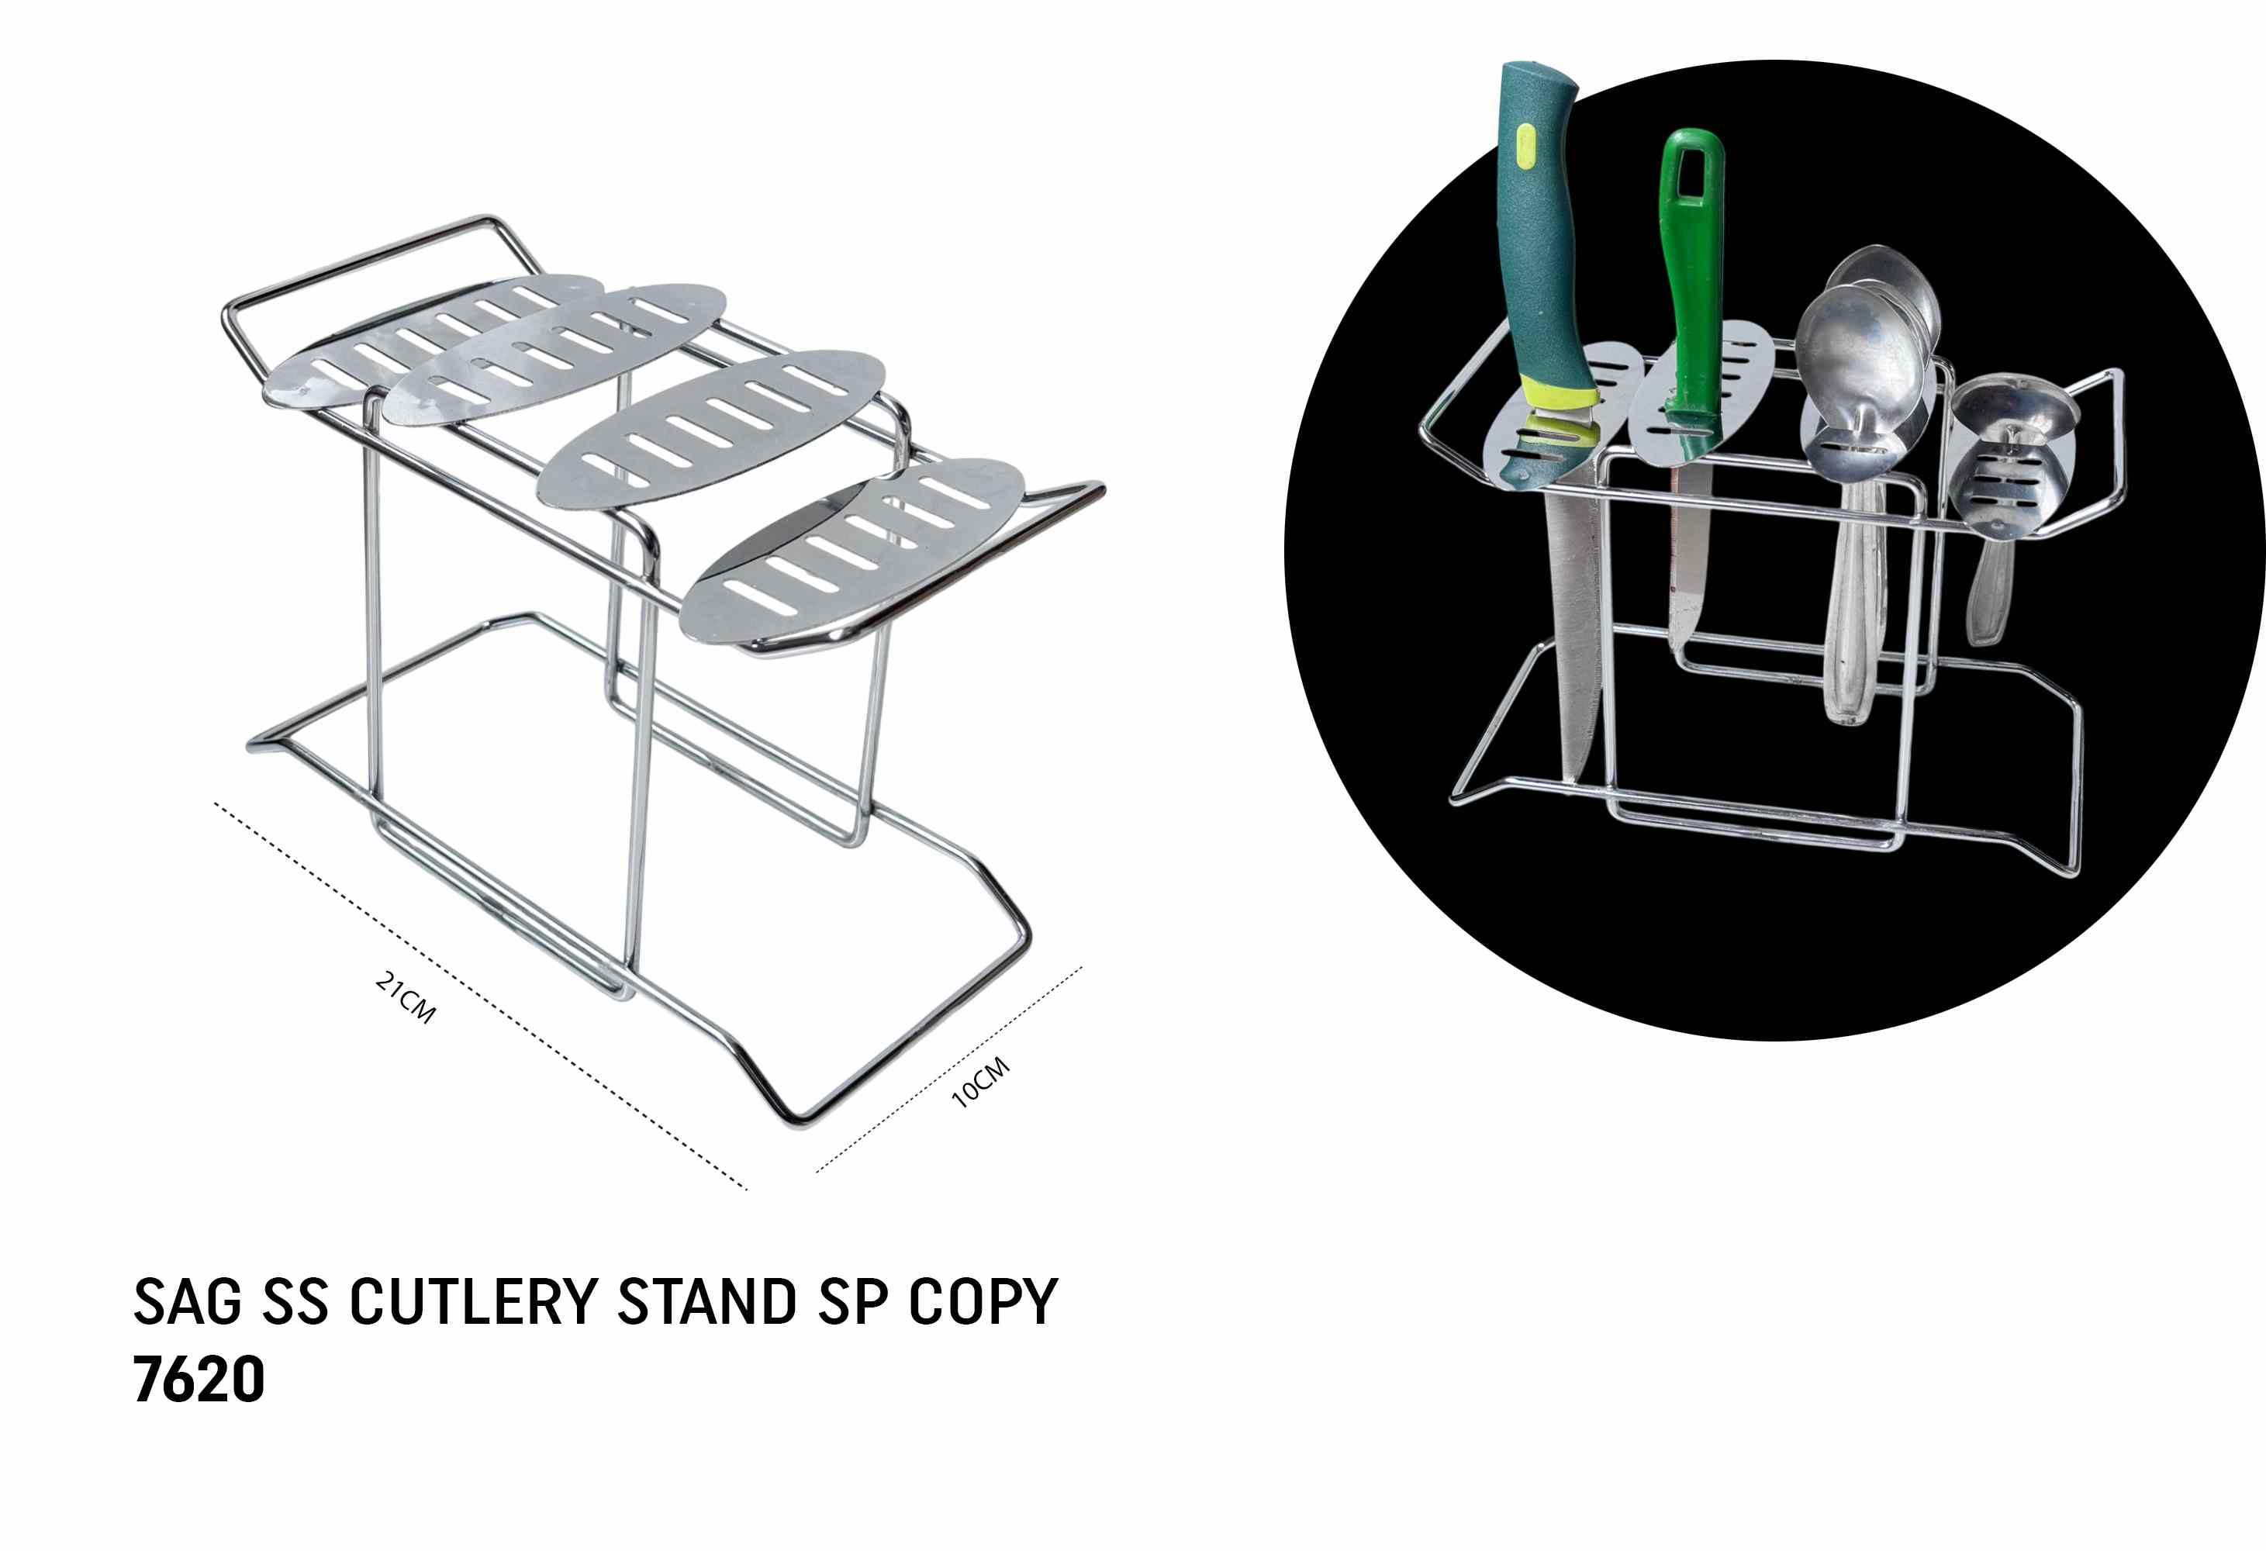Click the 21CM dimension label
(x=405, y=997)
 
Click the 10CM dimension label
(x=980, y=1082)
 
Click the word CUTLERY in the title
(x=473, y=1301)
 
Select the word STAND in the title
(x=707, y=1301)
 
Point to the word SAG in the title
(x=187, y=1301)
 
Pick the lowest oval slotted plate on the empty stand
(x=853, y=552)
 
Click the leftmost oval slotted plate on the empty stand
(x=435, y=339)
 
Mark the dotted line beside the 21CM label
(x=480, y=995)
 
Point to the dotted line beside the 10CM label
(x=948, y=1069)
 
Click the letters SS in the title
(x=295, y=1301)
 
